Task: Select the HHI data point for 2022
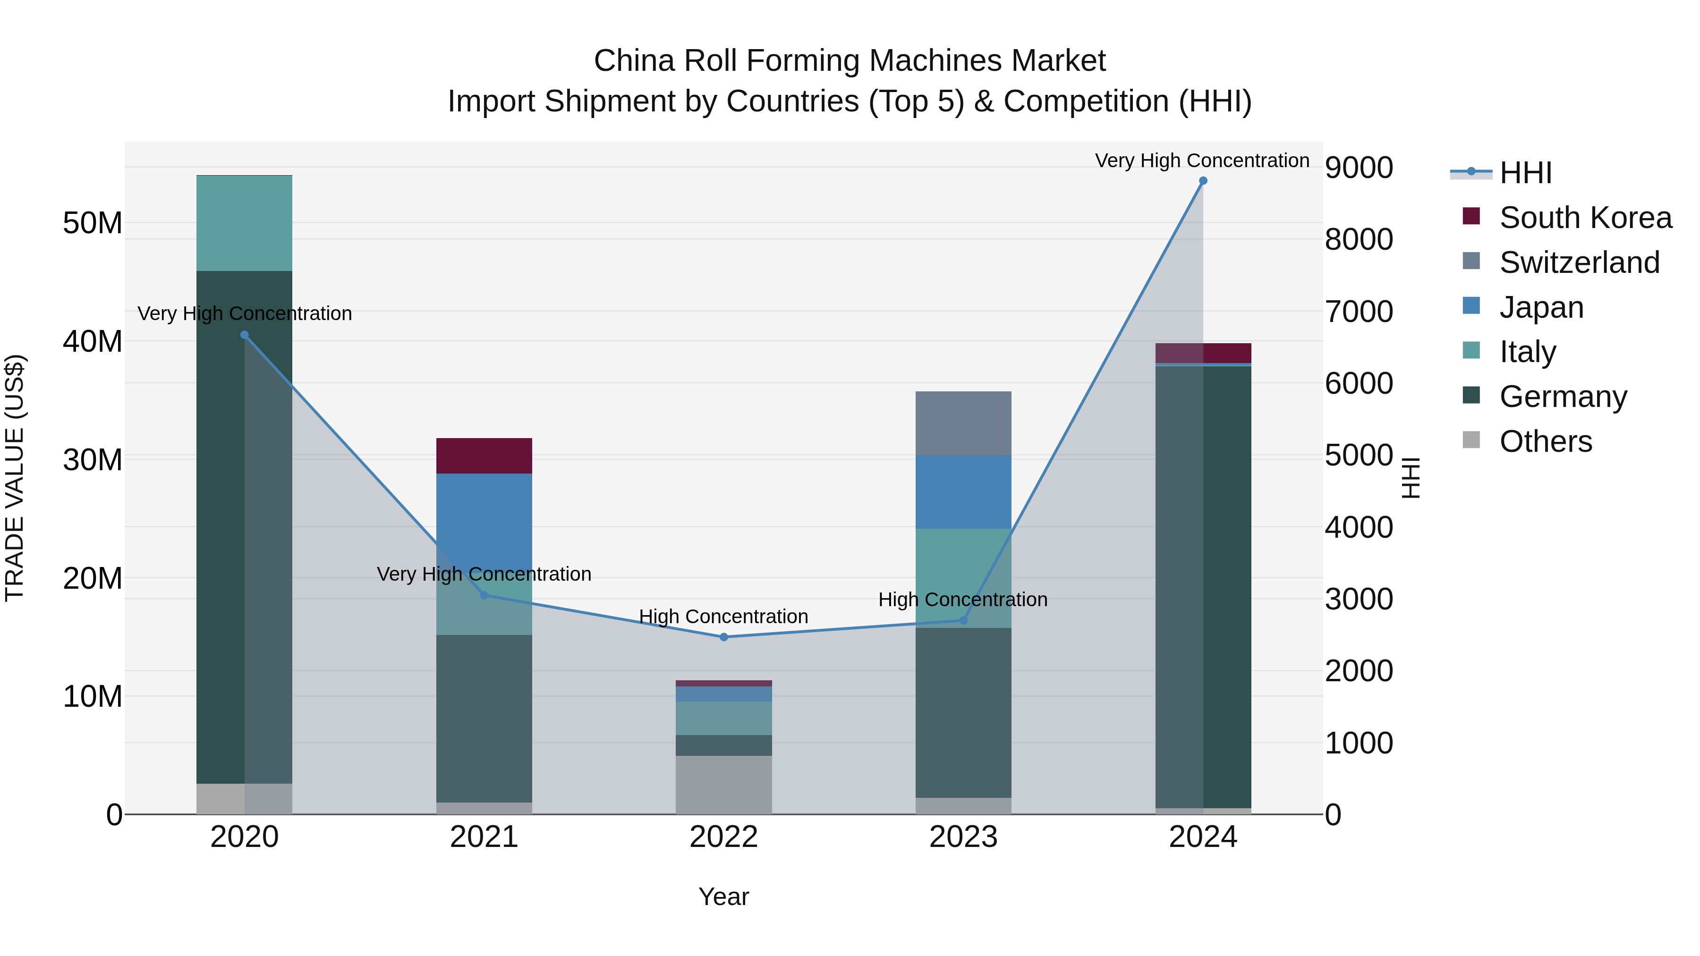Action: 723,637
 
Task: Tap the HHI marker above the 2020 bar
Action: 244,335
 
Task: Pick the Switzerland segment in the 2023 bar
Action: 963,423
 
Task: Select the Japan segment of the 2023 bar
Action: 963,491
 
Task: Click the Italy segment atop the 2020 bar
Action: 244,223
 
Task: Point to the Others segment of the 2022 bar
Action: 723,785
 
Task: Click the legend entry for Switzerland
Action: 1579,262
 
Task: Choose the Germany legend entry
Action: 1563,397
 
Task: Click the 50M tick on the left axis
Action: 93,223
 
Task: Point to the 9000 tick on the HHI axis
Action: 1358,168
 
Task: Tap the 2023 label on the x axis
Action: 963,837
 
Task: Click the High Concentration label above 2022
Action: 723,616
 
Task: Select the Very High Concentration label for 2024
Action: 1202,161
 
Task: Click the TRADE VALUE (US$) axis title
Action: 15,478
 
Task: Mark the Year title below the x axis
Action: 723,897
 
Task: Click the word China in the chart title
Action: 634,61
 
